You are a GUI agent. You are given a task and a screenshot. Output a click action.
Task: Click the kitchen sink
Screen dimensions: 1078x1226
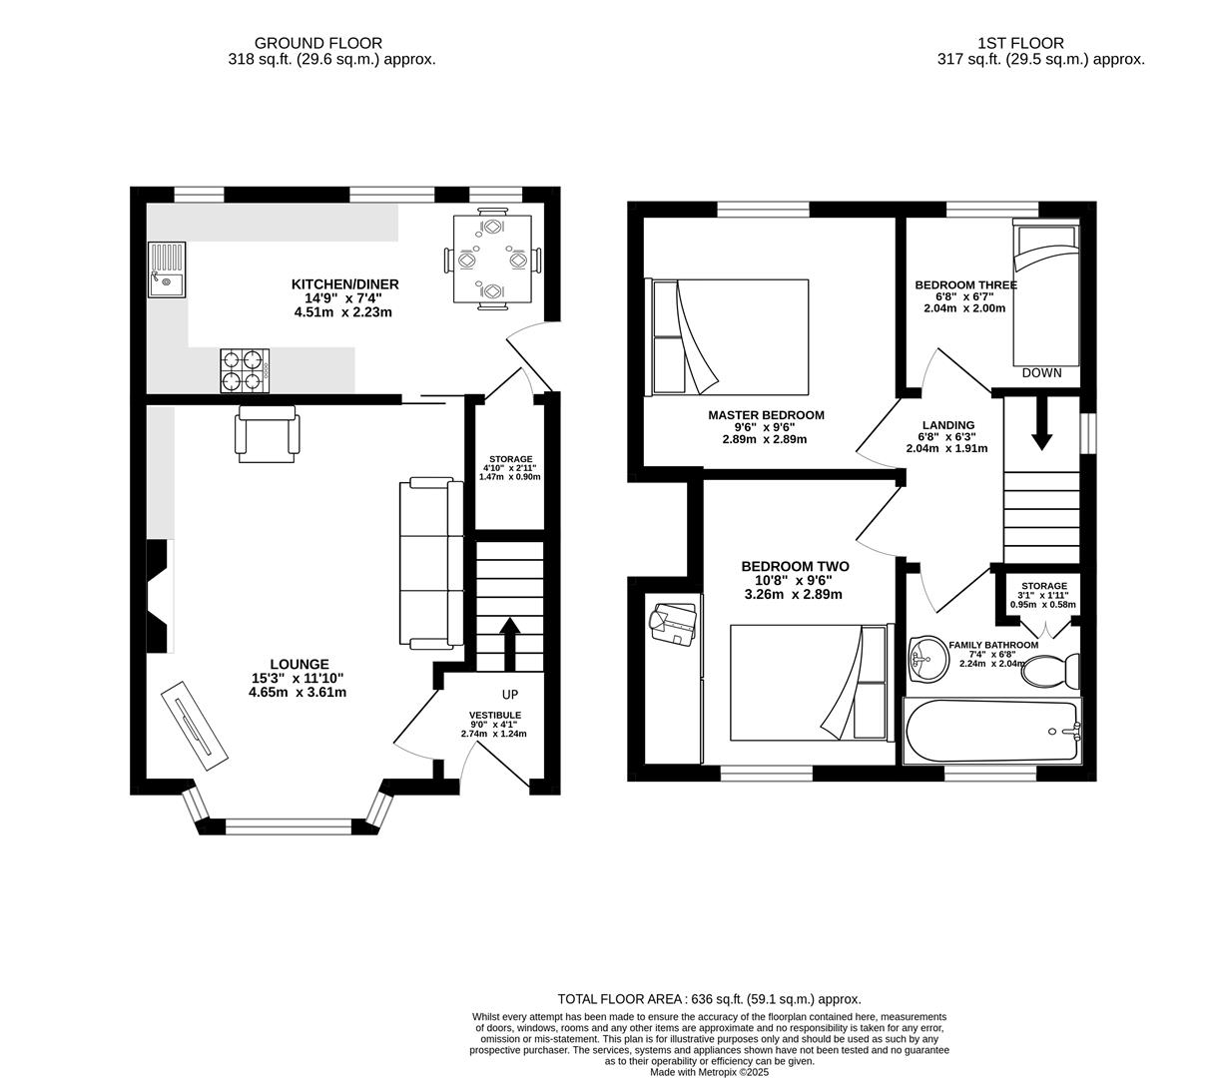click(166, 270)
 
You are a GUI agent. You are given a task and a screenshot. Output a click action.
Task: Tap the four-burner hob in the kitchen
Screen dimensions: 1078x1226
click(245, 369)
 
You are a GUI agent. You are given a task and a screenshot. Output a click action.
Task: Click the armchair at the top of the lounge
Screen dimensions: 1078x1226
click(267, 431)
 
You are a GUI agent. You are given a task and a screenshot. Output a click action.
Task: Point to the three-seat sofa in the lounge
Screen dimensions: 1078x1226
click(431, 563)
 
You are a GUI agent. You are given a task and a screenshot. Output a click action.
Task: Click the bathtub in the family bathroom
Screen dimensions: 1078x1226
click(990, 732)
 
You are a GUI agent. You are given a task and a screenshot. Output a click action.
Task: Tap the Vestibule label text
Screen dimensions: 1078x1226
click(495, 715)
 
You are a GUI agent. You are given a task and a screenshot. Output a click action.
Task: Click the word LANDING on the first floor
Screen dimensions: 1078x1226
click(947, 425)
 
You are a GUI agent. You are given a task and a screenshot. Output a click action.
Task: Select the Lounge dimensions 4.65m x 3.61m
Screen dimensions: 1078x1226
click(298, 691)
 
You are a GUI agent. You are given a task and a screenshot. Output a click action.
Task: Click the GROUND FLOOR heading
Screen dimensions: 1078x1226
click(317, 43)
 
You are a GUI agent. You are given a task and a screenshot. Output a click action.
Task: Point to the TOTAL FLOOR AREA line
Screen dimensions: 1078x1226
click(708, 998)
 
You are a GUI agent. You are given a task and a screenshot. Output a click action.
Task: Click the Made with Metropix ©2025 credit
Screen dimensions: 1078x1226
click(709, 1072)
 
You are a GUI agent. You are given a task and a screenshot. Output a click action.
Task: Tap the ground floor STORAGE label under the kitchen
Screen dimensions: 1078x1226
click(509, 459)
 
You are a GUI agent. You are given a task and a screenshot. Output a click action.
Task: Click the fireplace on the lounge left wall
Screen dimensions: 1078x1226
click(159, 596)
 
